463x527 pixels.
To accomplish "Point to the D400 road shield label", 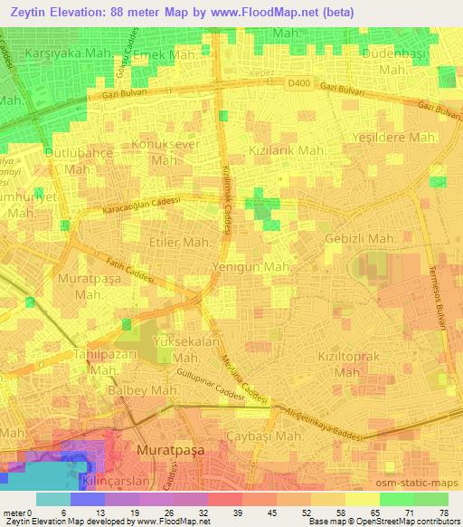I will click(298, 82).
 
